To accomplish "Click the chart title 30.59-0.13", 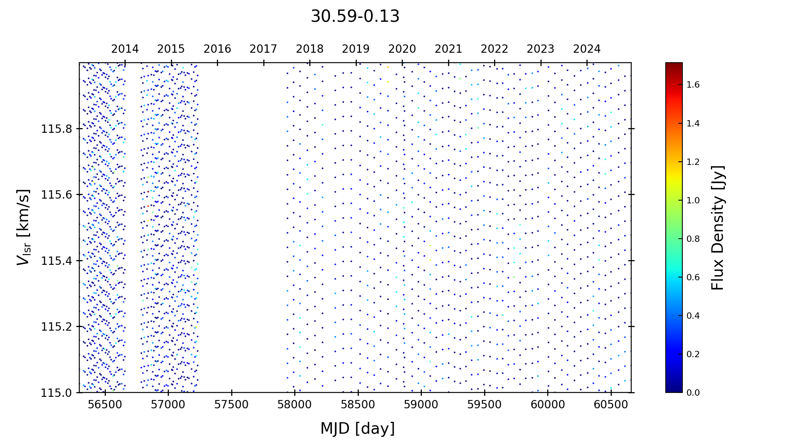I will pos(355,17).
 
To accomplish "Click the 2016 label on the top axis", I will pos(217,49).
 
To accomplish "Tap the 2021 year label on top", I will pos(448,49).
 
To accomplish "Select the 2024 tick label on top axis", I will pos(587,49).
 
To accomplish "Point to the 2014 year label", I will pos(125,49).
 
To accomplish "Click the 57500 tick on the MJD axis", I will pos(232,405).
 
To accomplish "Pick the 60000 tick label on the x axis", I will pos(548,405).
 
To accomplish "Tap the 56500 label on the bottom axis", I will pos(105,405).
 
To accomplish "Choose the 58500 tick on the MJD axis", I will pos(358,405).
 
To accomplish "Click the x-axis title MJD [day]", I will pos(358,429).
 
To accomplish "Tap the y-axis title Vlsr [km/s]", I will pos(23,227).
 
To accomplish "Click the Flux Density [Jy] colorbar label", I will pos(718,227).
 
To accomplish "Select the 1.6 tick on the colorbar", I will pos(693,85).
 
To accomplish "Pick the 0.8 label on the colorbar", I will pos(693,239).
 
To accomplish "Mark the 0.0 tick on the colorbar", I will pos(693,392).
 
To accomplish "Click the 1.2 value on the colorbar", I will pos(693,162).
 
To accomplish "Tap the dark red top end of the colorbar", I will pos(674,65).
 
